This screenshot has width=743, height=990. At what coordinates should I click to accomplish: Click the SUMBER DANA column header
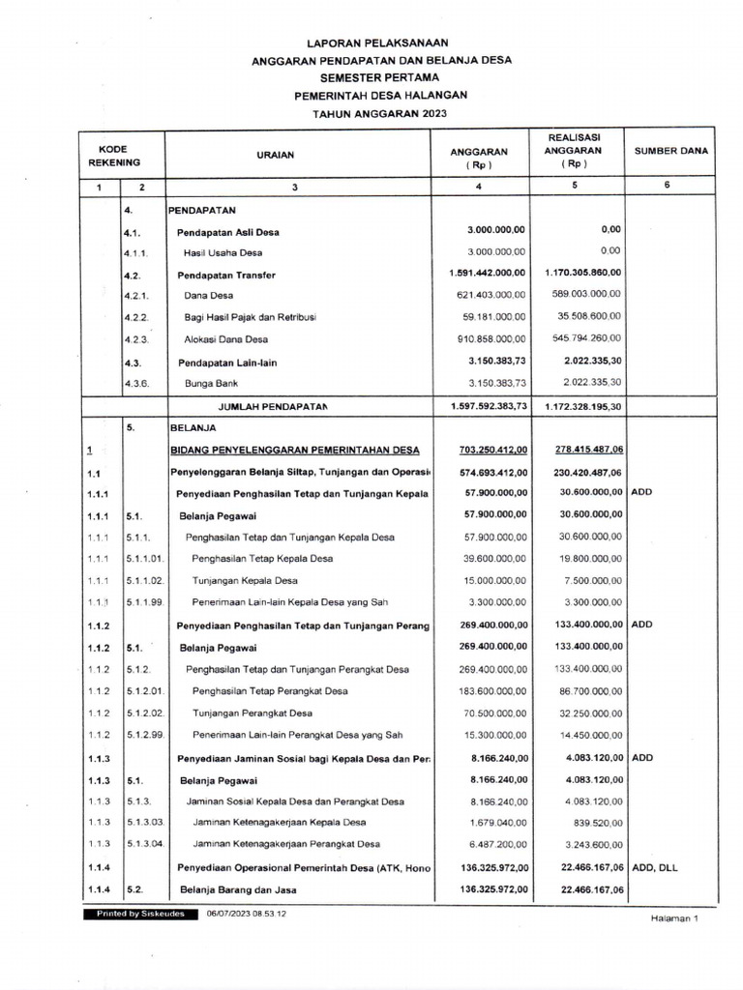[670, 151]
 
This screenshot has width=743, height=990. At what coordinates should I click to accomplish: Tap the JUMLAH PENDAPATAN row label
[273, 407]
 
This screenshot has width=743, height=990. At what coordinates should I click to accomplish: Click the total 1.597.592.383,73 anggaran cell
[489, 407]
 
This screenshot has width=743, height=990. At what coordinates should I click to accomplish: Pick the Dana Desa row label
[208, 295]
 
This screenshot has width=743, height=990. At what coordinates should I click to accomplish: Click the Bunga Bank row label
[211, 384]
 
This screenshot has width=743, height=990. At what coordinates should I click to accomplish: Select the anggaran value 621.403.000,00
[491, 295]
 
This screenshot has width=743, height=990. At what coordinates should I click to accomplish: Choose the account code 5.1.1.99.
[145, 602]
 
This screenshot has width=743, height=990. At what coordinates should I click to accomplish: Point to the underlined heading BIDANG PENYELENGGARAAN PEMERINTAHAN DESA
[295, 451]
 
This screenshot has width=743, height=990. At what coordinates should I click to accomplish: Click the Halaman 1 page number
[673, 919]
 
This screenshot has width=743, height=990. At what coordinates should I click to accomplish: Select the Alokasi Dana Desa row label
[226, 339]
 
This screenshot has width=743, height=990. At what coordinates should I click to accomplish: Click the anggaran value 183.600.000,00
[491, 691]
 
